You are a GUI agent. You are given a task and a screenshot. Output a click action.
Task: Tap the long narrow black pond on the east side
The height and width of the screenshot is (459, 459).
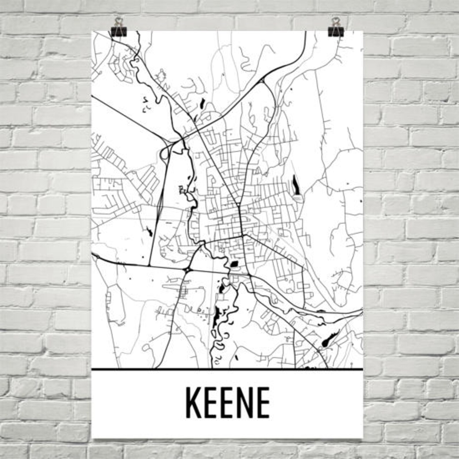coord(295,185)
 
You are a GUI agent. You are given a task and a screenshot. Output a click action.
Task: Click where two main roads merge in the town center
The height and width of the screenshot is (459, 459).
coord(239,206)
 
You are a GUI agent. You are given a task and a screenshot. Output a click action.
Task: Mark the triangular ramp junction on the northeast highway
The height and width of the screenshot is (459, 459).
coord(263,80)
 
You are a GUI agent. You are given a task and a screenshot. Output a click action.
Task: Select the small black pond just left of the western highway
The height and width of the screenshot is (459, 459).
coord(149,231)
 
